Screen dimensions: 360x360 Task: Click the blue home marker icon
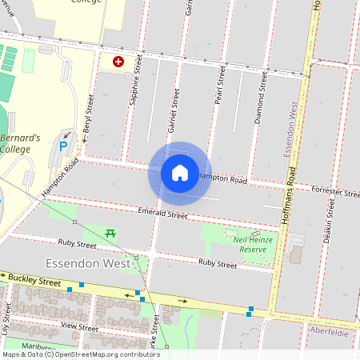tap(179, 172)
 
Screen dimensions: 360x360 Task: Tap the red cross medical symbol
tap(118, 61)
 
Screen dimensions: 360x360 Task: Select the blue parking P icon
tap(64, 147)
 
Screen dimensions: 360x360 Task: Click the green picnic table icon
tap(111, 233)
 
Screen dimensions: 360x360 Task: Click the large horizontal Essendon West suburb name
tap(88, 262)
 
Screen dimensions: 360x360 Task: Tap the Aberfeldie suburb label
tap(328, 330)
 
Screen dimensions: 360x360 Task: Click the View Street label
tap(79, 327)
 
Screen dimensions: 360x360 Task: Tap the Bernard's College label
tap(19, 143)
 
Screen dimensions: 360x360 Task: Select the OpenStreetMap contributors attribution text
tap(80, 354)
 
